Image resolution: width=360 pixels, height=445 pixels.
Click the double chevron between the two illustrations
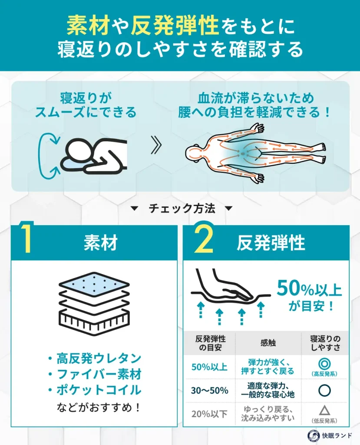[x=156, y=147]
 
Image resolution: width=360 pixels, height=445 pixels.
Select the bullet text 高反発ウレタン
[x=99, y=359]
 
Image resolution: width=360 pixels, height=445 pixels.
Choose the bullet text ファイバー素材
[x=99, y=374]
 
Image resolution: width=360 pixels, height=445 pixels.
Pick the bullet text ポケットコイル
[x=99, y=390]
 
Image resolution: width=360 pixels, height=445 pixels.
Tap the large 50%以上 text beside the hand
[x=309, y=289]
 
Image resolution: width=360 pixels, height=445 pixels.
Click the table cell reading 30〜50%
[x=209, y=390]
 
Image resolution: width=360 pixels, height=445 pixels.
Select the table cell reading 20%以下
[x=209, y=414]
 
